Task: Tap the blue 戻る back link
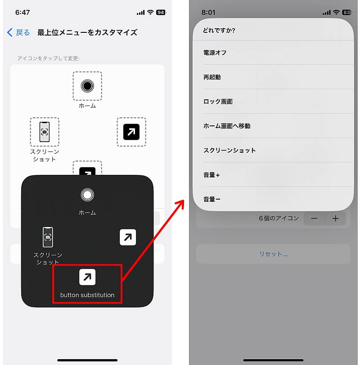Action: pyautogui.click(x=18, y=32)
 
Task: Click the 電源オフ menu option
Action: pyautogui.click(x=215, y=53)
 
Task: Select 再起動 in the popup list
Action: pyautogui.click(x=212, y=77)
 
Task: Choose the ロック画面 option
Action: pyautogui.click(x=218, y=102)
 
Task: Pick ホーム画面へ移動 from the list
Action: pyautogui.click(x=227, y=126)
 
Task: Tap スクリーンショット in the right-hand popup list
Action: pyautogui.click(x=229, y=151)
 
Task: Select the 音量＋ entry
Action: pyautogui.click(x=211, y=175)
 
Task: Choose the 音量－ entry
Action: pyautogui.click(x=211, y=199)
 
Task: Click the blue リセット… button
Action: pyautogui.click(x=273, y=254)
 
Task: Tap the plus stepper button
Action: pyautogui.click(x=335, y=218)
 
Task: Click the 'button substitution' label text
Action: pyautogui.click(x=87, y=295)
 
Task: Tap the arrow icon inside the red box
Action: pyautogui.click(x=87, y=277)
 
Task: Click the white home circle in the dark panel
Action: pyautogui.click(x=87, y=195)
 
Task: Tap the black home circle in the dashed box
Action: pyautogui.click(x=87, y=86)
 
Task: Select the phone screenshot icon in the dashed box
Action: pyautogui.click(x=45, y=132)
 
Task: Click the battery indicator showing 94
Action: pyautogui.click(x=161, y=12)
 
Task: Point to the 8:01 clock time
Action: pyautogui.click(x=208, y=12)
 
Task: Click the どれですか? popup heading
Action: pyautogui.click(x=219, y=30)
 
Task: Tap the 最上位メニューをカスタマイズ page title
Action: pyautogui.click(x=87, y=32)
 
